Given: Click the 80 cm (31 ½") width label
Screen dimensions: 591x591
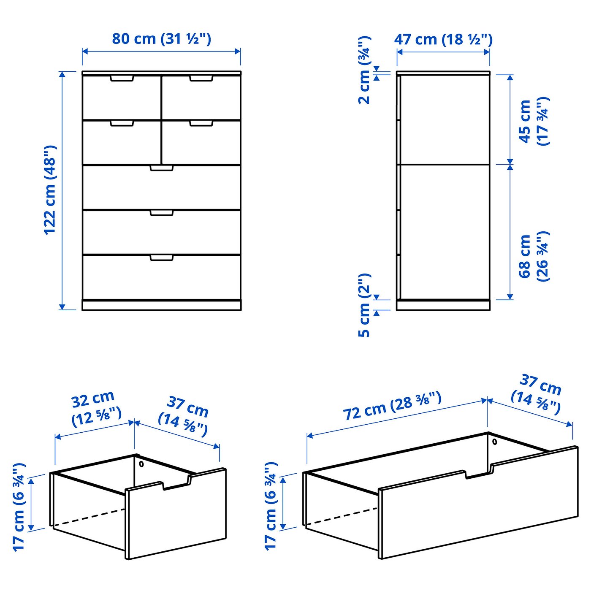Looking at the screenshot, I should tap(161, 39).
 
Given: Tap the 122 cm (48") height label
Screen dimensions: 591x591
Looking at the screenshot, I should tap(50, 190).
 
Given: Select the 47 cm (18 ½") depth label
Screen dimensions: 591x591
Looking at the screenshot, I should tap(443, 39).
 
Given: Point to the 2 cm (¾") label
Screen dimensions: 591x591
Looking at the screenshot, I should tap(364, 70).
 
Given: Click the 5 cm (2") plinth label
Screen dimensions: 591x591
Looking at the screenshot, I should tap(364, 305).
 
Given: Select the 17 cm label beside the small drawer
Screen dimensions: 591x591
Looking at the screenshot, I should tap(19, 507).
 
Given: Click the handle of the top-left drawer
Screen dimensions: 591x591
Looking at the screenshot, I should tap(122, 79).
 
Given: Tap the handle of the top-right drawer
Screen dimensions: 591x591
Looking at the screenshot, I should tap(201, 79).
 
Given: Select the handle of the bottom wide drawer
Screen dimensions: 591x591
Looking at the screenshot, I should tap(162, 258).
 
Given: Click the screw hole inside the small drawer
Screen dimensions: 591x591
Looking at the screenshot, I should tap(141, 464).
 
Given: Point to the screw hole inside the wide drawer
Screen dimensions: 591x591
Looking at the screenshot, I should tap(495, 442).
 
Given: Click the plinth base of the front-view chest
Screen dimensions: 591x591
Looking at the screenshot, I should tap(162, 305).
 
